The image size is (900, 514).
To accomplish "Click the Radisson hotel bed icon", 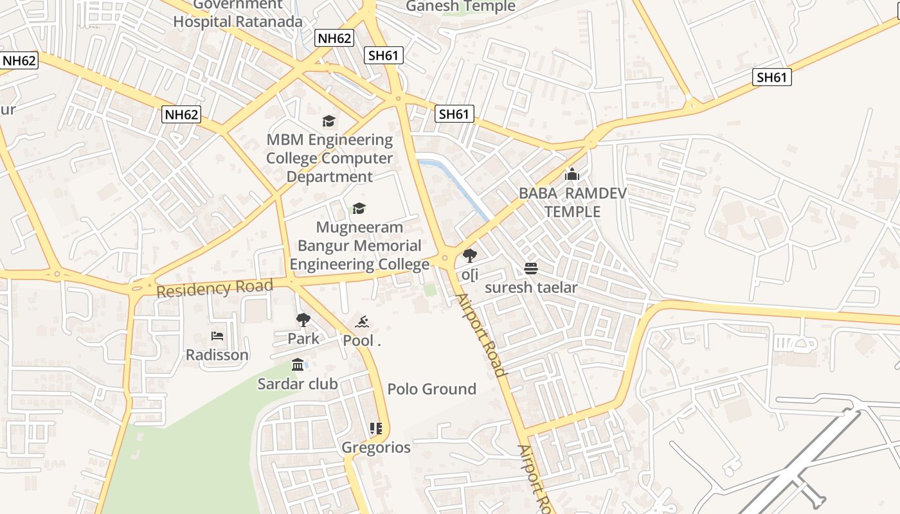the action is (x=217, y=336).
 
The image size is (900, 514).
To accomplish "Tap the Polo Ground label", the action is (x=431, y=389).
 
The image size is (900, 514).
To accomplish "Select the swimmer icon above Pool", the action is (x=362, y=322).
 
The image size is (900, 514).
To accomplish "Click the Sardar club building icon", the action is (x=298, y=365).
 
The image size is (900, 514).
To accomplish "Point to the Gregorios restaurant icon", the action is (x=376, y=428).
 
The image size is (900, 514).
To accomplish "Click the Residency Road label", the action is (x=214, y=288).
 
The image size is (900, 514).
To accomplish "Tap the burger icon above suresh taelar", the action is (x=531, y=268).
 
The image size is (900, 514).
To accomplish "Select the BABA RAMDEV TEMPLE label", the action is (x=572, y=202).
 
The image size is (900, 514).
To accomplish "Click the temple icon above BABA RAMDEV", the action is (x=571, y=174).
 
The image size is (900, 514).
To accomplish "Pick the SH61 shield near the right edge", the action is (x=771, y=78).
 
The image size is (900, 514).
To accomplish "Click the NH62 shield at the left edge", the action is (x=19, y=61).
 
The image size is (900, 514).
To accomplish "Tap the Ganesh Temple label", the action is (x=460, y=6).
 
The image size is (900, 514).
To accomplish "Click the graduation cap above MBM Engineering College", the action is (x=328, y=121).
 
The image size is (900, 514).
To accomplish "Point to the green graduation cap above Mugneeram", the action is (x=359, y=208).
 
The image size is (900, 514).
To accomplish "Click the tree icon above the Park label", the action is (x=303, y=319).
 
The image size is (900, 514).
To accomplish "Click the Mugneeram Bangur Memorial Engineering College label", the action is (x=359, y=245).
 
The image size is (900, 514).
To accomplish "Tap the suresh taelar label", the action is (x=531, y=287).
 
